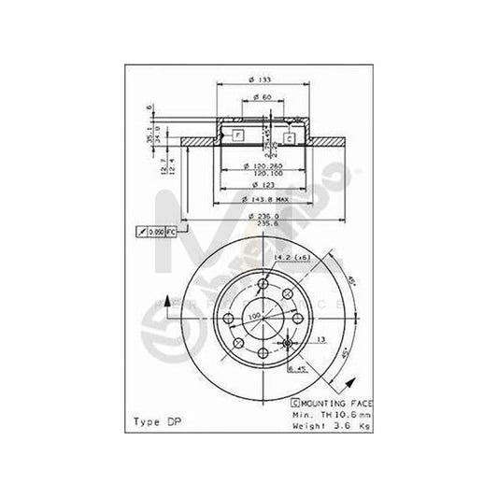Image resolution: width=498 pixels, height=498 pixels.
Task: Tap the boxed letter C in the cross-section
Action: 289,138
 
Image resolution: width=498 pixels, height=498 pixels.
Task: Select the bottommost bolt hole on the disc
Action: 263,352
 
